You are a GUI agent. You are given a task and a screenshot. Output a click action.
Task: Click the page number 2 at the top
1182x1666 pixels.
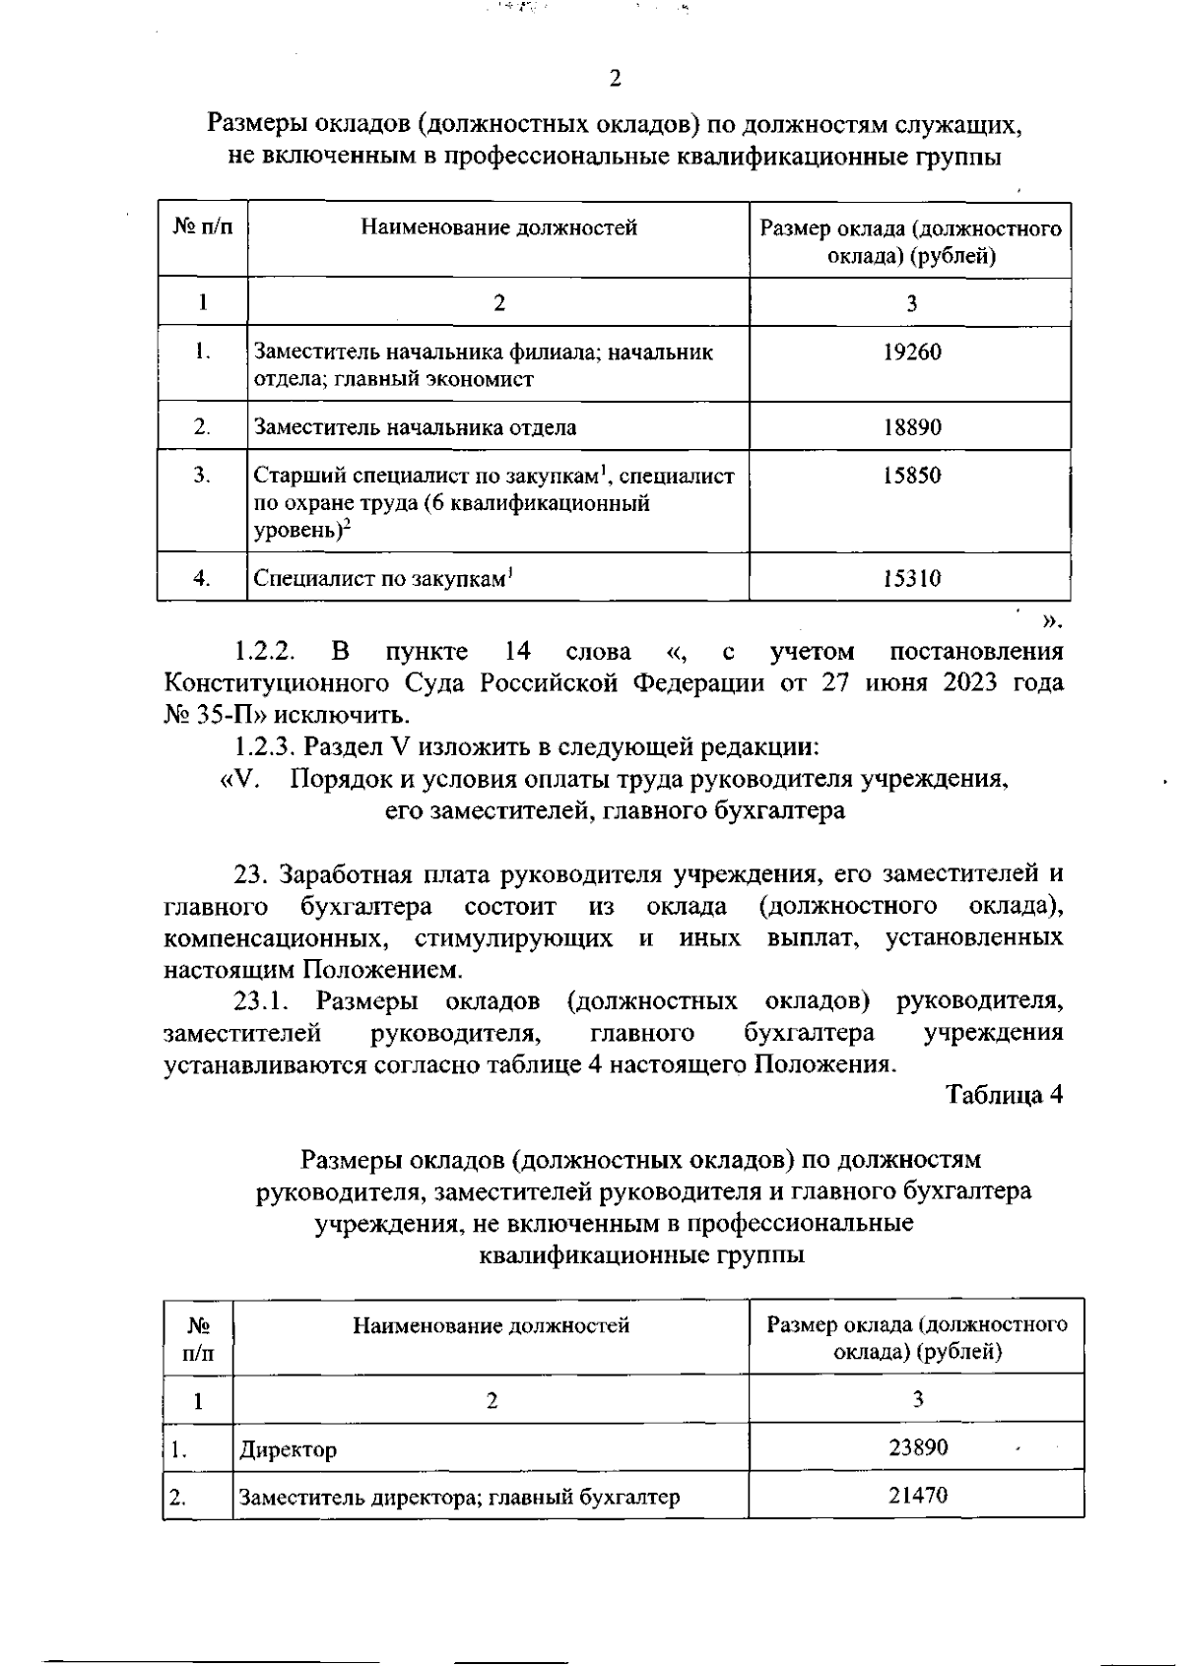pyautogui.click(x=615, y=79)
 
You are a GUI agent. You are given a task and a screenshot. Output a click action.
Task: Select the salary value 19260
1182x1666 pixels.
pyautogui.click(x=911, y=352)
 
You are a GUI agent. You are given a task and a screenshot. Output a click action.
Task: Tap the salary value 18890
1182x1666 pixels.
pyautogui.click(x=911, y=427)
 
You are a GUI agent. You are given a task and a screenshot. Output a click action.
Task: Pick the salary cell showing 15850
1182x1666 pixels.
pyautogui.click(x=911, y=476)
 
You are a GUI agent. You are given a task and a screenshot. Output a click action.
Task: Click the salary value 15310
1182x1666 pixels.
pyautogui.click(x=911, y=578)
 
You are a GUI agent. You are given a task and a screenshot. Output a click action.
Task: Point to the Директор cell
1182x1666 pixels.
pyautogui.click(x=288, y=1449)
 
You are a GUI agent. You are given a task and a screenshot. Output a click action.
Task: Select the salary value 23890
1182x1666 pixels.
pyautogui.click(x=917, y=1446)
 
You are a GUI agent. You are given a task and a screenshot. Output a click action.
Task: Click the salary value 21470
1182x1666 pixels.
pyautogui.click(x=917, y=1495)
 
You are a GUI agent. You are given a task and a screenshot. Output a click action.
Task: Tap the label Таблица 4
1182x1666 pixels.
pyautogui.click(x=1004, y=1096)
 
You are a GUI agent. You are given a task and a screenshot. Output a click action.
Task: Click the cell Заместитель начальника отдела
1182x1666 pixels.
pyautogui.click(x=415, y=427)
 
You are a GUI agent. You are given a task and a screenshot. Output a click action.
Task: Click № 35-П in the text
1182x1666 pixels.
pyautogui.click(x=200, y=715)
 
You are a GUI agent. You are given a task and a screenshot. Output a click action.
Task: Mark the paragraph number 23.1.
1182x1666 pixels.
pyautogui.click(x=261, y=1002)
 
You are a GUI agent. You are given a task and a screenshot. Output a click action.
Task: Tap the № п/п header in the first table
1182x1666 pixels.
pyautogui.click(x=203, y=228)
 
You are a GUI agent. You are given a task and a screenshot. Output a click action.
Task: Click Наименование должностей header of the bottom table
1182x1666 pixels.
pyautogui.click(x=491, y=1325)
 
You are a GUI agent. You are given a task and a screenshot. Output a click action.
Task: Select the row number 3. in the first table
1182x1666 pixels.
pyautogui.click(x=202, y=476)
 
